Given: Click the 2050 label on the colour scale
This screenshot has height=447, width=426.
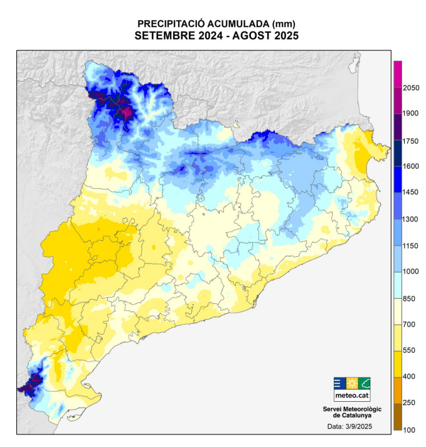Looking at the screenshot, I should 411,88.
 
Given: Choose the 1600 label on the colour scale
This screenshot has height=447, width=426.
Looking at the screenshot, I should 411,166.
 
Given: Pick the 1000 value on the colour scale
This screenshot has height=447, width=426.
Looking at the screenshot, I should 411,272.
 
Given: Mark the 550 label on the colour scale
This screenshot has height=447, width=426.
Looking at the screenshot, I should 411,350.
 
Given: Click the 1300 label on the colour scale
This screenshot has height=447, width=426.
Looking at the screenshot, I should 411,219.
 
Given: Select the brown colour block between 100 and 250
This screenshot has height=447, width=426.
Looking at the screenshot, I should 397,416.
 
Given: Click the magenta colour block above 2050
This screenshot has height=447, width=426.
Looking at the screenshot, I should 397,73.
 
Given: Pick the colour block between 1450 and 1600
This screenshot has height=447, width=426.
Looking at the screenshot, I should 397,180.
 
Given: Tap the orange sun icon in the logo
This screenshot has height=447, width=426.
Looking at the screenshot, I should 351,382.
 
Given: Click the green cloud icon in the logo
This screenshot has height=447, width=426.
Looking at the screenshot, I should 364,382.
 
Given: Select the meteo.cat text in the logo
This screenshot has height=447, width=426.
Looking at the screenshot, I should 351,396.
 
